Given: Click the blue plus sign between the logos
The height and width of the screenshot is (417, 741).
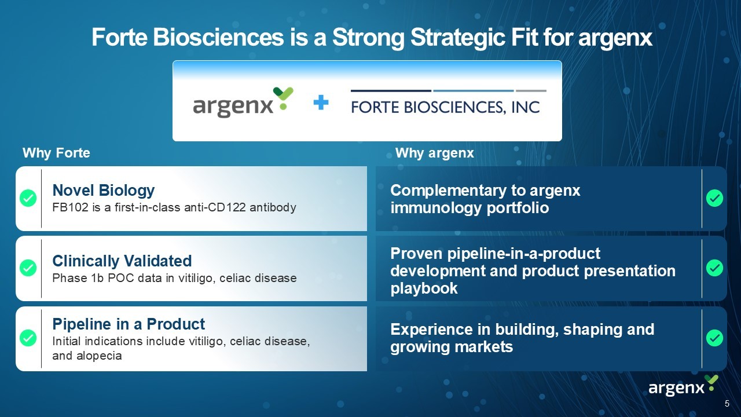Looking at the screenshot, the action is point(321,103).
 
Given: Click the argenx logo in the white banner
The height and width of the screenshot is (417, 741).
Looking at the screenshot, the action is point(243,103).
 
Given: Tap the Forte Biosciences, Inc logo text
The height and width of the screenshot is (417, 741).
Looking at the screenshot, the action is point(445,107).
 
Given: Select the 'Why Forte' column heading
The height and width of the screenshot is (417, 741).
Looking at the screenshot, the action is point(56,153).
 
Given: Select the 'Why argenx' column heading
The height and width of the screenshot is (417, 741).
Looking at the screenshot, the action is point(435,153).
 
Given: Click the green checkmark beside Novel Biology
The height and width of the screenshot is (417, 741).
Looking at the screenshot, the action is point(28,198).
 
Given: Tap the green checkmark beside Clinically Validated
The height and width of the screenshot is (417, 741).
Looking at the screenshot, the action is point(28,268).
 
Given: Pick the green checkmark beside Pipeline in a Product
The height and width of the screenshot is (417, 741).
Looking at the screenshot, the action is point(28,338).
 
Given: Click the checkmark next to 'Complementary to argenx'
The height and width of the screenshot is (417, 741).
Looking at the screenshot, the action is point(714,198).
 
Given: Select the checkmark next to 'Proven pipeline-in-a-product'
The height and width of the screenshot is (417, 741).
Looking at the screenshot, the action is point(714,268).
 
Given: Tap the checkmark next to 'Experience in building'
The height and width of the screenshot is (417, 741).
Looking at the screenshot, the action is point(714,338).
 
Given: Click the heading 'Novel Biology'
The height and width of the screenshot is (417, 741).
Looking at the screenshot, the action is point(104,191).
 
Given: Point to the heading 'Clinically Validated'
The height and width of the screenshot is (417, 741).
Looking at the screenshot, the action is point(122,261).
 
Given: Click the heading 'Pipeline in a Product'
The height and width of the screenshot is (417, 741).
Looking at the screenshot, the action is point(129,324).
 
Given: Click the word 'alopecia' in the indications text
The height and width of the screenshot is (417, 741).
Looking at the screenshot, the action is point(99,356).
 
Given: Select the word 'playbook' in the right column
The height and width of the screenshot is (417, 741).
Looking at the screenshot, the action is point(424,288).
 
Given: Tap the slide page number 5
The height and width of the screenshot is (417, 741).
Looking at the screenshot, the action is point(727,404).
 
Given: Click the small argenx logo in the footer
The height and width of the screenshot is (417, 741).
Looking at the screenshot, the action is point(684,386).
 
